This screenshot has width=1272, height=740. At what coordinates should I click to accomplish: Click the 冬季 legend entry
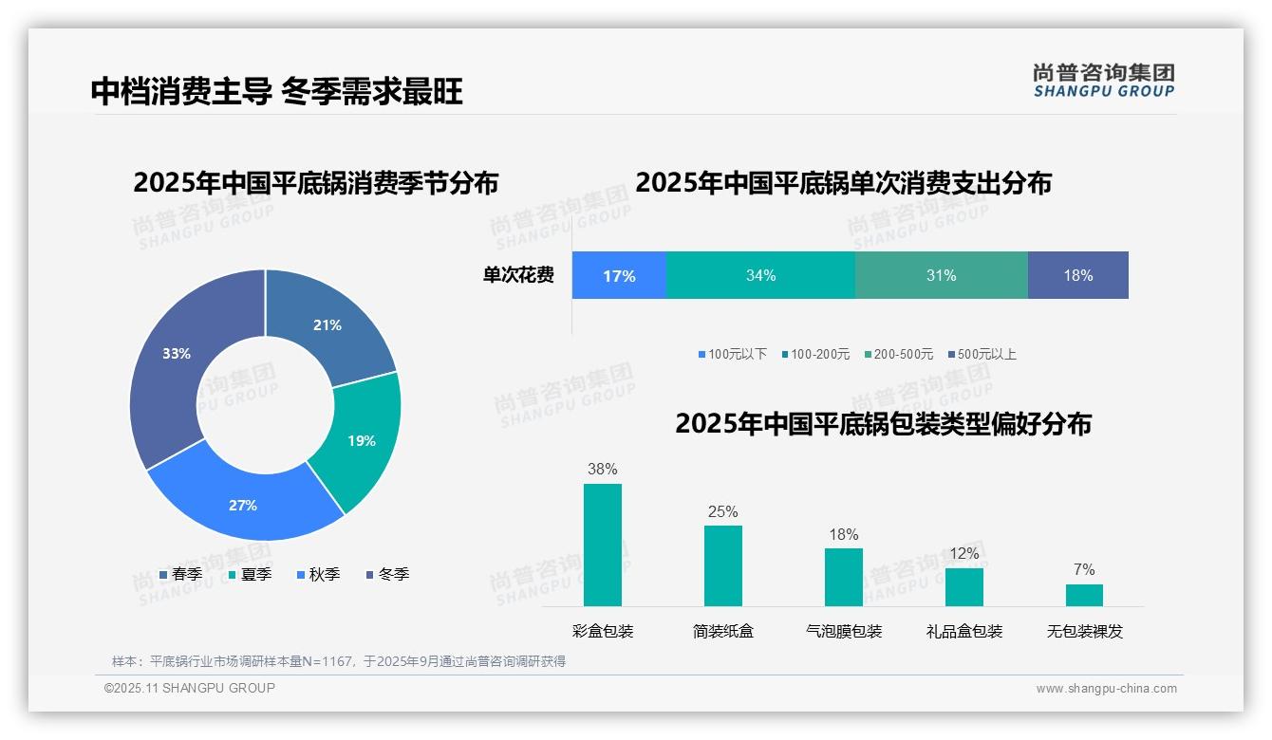tap(387, 574)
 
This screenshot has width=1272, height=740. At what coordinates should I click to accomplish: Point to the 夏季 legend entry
tap(250, 574)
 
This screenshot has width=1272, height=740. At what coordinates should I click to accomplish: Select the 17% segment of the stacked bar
tap(619, 276)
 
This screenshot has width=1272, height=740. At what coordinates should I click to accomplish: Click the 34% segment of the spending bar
tap(760, 276)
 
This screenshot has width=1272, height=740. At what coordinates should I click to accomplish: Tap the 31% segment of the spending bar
tap(941, 276)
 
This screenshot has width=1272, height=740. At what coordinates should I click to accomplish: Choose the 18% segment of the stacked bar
tap(1078, 276)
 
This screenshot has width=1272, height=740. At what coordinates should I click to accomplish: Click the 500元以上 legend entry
tap(982, 355)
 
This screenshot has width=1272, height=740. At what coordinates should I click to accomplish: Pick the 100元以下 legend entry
tap(732, 355)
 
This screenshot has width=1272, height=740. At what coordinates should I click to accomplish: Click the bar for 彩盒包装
tap(603, 545)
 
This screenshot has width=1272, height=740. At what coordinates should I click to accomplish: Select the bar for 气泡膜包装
tap(844, 577)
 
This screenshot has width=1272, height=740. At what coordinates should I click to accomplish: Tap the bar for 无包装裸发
tap(1084, 595)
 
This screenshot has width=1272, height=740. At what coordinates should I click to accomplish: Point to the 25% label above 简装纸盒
tap(722, 512)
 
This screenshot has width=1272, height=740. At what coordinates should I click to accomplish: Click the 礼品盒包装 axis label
tap(964, 631)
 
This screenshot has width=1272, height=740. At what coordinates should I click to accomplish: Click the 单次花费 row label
tap(518, 276)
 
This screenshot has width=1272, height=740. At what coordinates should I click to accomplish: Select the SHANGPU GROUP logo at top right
tap(1104, 81)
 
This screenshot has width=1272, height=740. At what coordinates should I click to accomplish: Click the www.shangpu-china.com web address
tap(1106, 689)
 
